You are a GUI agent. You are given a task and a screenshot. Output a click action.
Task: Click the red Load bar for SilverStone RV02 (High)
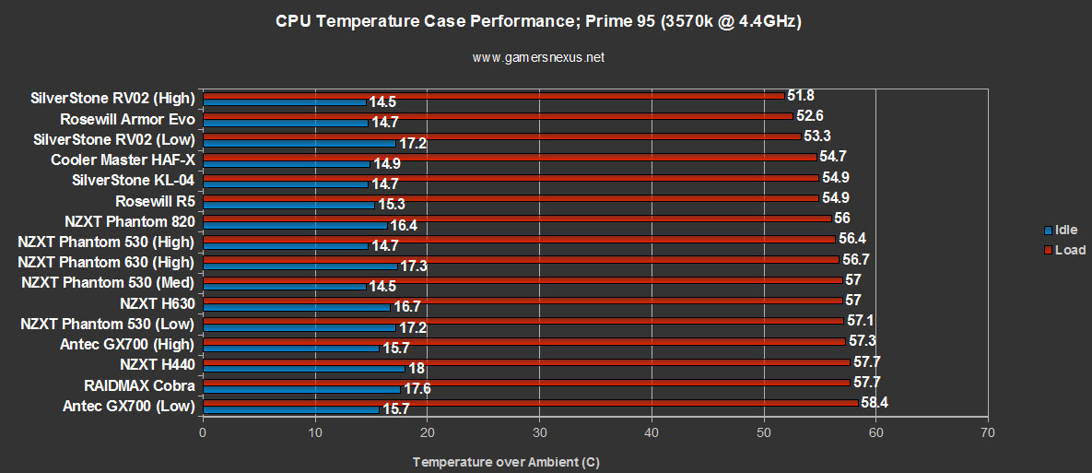click(x=493, y=95)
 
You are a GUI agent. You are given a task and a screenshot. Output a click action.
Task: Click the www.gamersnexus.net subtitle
click(x=538, y=57)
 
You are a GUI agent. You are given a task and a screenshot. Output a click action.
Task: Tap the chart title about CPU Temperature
click(x=538, y=21)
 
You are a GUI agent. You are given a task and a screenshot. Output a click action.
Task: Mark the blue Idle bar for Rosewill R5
click(x=288, y=205)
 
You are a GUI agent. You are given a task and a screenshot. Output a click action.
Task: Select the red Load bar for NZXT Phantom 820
click(x=516, y=218)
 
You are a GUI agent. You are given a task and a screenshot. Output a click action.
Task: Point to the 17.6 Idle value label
click(x=417, y=389)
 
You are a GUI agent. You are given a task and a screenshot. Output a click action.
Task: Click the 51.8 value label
click(x=800, y=95)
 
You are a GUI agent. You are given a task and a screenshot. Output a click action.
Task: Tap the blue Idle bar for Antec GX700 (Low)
click(x=290, y=409)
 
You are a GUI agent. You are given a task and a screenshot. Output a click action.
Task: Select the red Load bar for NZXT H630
click(x=522, y=300)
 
